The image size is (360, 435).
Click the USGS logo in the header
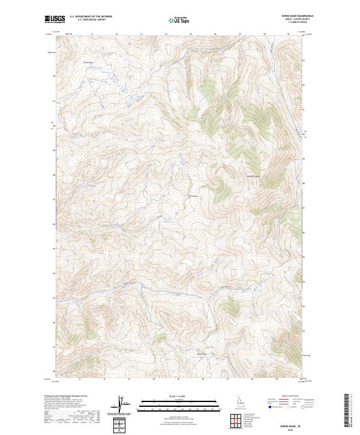click(53, 19)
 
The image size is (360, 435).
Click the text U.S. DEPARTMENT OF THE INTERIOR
click(91, 17)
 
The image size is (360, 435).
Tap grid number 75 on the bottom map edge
click(178, 379)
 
